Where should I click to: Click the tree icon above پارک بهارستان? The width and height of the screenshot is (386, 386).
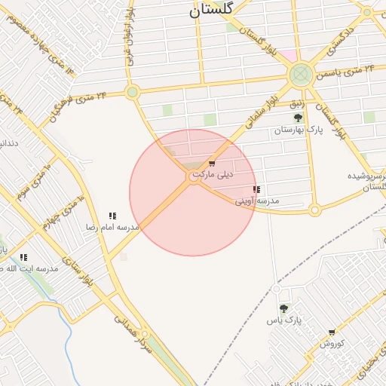pyautogui.click(x=298, y=118)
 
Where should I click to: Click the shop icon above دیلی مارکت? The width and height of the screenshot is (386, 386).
pyautogui.click(x=212, y=164)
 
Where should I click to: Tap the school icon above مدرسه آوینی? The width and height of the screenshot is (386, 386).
pyautogui.click(x=256, y=189)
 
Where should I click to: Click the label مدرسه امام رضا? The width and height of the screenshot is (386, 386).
pyautogui.click(x=112, y=227)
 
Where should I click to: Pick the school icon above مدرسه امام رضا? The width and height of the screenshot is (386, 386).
pyautogui.click(x=112, y=216)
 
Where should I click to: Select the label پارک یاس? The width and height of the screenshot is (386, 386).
pyautogui.click(x=283, y=320)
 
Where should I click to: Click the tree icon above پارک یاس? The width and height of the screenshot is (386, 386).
pyautogui.click(x=283, y=308)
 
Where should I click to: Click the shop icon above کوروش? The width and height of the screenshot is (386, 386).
pyautogui.click(x=332, y=332)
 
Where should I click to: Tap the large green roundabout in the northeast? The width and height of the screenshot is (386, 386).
pyautogui.click(x=301, y=74)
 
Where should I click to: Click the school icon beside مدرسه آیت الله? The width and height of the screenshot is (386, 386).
pyautogui.click(x=23, y=258)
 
